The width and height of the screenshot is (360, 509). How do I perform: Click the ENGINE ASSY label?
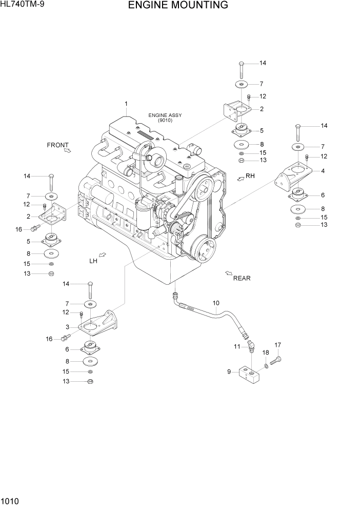click(x=165, y=115)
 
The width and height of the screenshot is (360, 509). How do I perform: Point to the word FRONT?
click(x=57, y=145)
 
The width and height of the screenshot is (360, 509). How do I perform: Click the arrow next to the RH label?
click(x=239, y=177)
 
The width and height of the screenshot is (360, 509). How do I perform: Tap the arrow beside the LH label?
click(x=102, y=254)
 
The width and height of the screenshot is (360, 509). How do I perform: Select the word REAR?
click(x=242, y=278)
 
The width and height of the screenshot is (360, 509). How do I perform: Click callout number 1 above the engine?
click(x=126, y=105)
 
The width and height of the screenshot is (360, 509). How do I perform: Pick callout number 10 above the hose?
click(x=216, y=303)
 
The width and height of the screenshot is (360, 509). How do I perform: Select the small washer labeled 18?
click(x=267, y=365)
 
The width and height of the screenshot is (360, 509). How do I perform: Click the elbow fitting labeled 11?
click(x=249, y=348)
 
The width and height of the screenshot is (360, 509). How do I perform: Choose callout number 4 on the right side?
click(x=323, y=171)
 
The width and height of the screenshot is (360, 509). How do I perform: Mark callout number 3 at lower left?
click(x=67, y=327)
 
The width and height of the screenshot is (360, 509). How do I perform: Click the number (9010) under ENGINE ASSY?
click(x=165, y=121)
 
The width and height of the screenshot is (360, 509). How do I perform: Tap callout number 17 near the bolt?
click(x=277, y=344)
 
